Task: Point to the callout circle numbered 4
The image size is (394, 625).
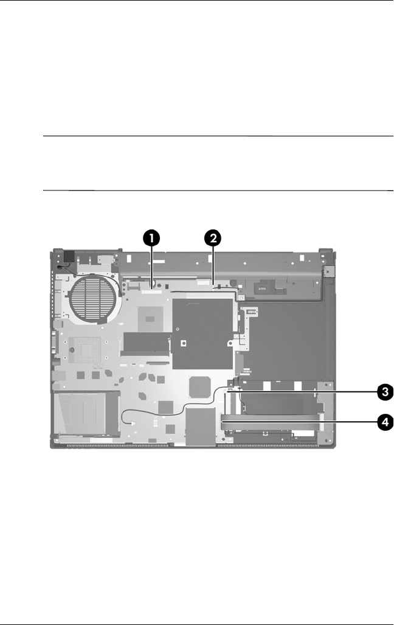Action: click(x=384, y=421)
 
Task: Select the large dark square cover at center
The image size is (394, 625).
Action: click(x=203, y=334)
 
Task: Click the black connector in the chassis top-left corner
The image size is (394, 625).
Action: click(x=67, y=258)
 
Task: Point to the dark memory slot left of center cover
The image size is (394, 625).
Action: click(x=147, y=344)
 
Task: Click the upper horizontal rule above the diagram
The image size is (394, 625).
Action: click(x=219, y=136)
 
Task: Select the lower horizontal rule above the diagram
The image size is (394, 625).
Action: click(x=219, y=190)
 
